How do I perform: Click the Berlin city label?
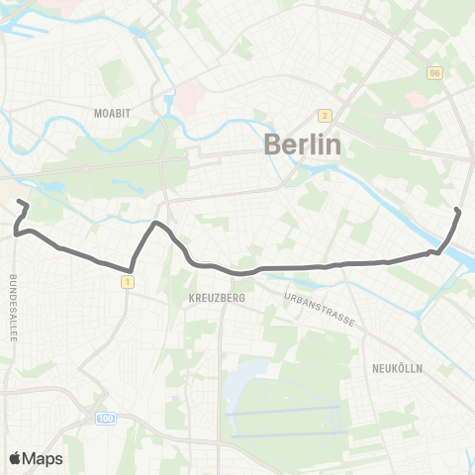[303, 144]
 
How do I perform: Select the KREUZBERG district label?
[215, 296]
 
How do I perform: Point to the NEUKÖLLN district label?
[399, 367]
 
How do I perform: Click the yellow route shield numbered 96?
[434, 74]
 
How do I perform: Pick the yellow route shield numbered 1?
[128, 283]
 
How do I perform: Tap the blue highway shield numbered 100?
[106, 420]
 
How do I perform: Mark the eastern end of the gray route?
[457, 210]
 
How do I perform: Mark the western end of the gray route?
[20, 203]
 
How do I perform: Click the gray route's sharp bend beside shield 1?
[131, 269]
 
